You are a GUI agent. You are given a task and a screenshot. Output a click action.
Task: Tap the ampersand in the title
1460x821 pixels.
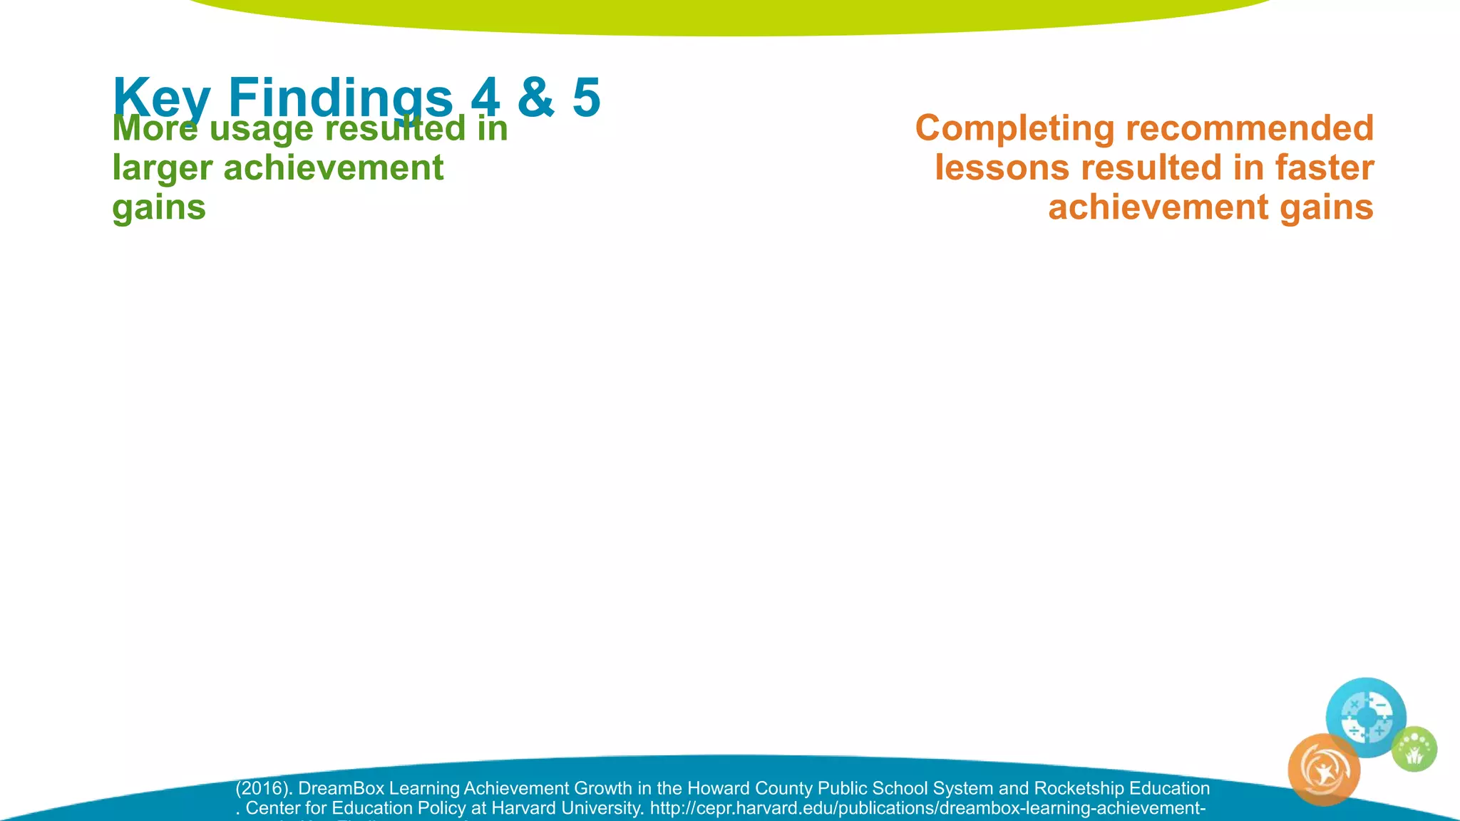(x=535, y=98)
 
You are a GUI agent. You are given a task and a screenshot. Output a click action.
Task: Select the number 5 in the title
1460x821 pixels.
(x=586, y=98)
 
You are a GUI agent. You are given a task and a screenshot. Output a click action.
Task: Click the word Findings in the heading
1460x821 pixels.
(x=340, y=98)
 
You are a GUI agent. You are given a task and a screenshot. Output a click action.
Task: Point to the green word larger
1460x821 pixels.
(x=162, y=169)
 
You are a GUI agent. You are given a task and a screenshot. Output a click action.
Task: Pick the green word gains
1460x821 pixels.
(x=159, y=207)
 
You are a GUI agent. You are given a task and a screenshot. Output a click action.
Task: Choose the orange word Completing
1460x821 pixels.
(x=1014, y=129)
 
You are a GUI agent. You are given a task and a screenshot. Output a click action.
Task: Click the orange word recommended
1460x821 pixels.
(x=1249, y=129)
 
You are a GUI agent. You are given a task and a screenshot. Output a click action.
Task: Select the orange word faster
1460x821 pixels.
(x=1324, y=168)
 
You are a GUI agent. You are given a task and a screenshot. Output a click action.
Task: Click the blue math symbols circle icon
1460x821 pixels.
(x=1365, y=717)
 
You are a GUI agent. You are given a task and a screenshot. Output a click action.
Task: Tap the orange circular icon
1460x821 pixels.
(x=1324, y=770)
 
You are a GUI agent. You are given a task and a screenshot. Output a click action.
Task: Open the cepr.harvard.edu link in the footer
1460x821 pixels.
(x=927, y=808)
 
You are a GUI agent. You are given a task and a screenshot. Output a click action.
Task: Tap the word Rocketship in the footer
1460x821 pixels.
(x=1079, y=788)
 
